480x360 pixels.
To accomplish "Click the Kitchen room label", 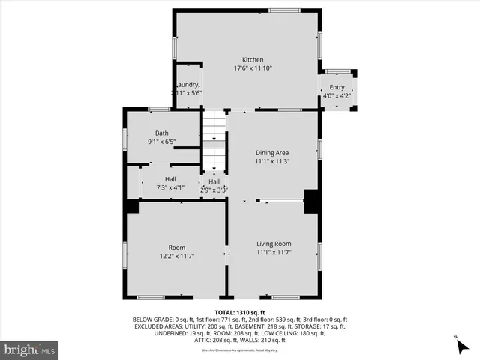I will coord(252,60).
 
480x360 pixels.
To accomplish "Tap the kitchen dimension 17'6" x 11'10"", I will coord(252,68).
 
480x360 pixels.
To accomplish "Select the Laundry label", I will coord(187,85).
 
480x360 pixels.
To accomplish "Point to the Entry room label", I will coord(337,87).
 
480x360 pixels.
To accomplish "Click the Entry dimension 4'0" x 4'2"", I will coord(337,95).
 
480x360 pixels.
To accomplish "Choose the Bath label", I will coord(162,133).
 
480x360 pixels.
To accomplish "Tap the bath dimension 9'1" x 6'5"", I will coord(162,142).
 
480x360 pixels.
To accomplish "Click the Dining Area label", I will coord(272,152).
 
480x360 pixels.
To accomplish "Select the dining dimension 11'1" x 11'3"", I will coord(272,160).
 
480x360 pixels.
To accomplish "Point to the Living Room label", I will coord(274,244).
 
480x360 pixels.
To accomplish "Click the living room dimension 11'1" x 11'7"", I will coord(274,253).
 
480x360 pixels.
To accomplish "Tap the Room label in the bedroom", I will coord(177,247).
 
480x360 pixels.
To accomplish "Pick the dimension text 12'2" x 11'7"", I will coord(177,256).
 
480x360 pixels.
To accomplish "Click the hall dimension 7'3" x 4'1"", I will coord(170,187).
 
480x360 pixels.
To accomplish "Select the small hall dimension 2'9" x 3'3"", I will coord(214,190).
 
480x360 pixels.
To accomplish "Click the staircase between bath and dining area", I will coord(215,142).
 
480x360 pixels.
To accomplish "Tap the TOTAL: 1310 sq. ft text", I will coord(240,311).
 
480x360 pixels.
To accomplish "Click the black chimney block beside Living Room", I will coord(312,201).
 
